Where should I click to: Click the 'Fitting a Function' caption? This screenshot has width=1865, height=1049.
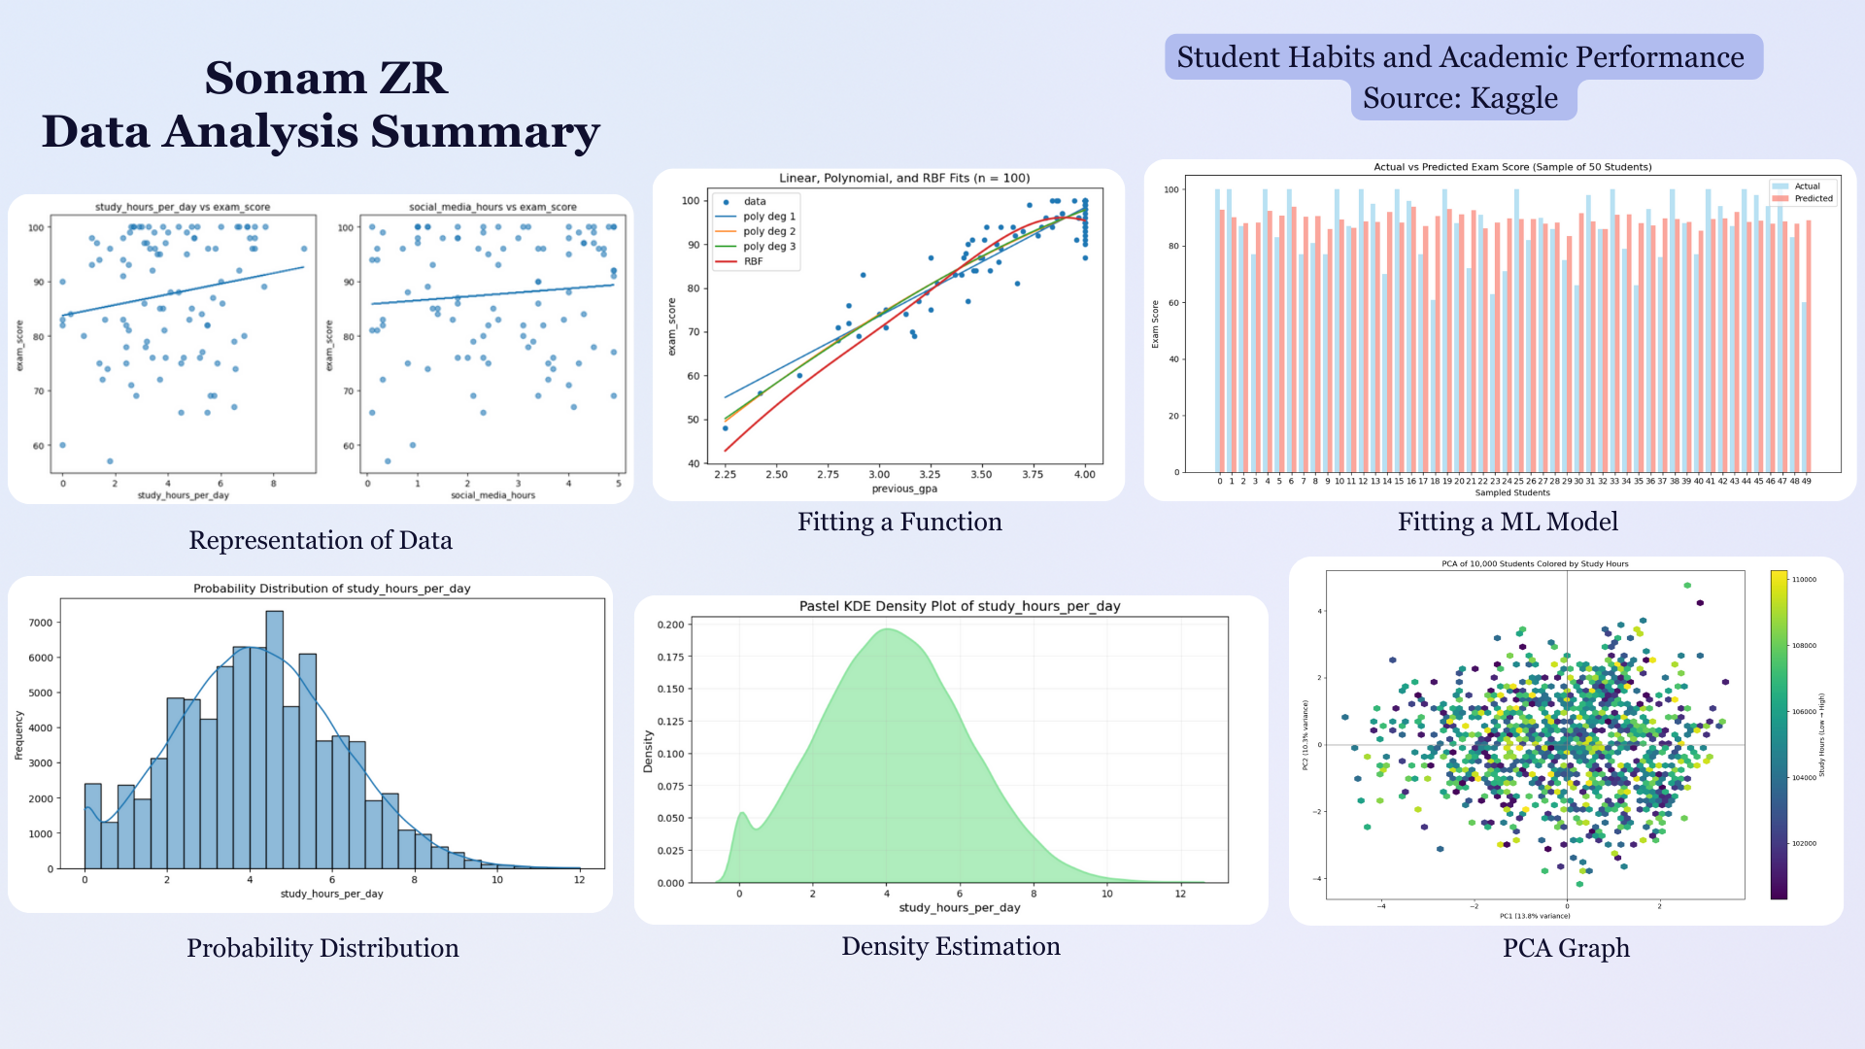899,523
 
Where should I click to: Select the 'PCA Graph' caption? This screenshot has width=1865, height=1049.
1566,948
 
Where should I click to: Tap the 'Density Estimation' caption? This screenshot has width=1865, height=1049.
950,946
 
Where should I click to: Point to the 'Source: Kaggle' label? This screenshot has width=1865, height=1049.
1460,98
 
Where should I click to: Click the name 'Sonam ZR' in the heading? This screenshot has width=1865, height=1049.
325,78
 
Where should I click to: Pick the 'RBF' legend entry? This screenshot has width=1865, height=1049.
753,261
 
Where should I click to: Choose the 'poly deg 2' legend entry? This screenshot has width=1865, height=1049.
768,231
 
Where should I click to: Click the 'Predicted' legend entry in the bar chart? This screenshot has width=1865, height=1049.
1813,198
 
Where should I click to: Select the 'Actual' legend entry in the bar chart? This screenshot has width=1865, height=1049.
1807,186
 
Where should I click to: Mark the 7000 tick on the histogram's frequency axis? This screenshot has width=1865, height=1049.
41,623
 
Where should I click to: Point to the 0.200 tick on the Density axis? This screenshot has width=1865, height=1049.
670,625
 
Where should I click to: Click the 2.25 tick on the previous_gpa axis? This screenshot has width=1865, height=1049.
725,474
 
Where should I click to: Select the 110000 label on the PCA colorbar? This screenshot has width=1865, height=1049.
1803,580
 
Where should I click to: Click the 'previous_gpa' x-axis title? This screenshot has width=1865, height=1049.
904,489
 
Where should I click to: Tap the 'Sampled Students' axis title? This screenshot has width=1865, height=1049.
1512,492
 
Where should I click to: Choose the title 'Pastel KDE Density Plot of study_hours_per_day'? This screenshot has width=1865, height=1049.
960,606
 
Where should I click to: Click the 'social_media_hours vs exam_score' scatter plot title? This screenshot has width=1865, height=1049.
492,207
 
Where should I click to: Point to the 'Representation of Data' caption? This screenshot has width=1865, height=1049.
321,540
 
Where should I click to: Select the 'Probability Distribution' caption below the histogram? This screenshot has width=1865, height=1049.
322,948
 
